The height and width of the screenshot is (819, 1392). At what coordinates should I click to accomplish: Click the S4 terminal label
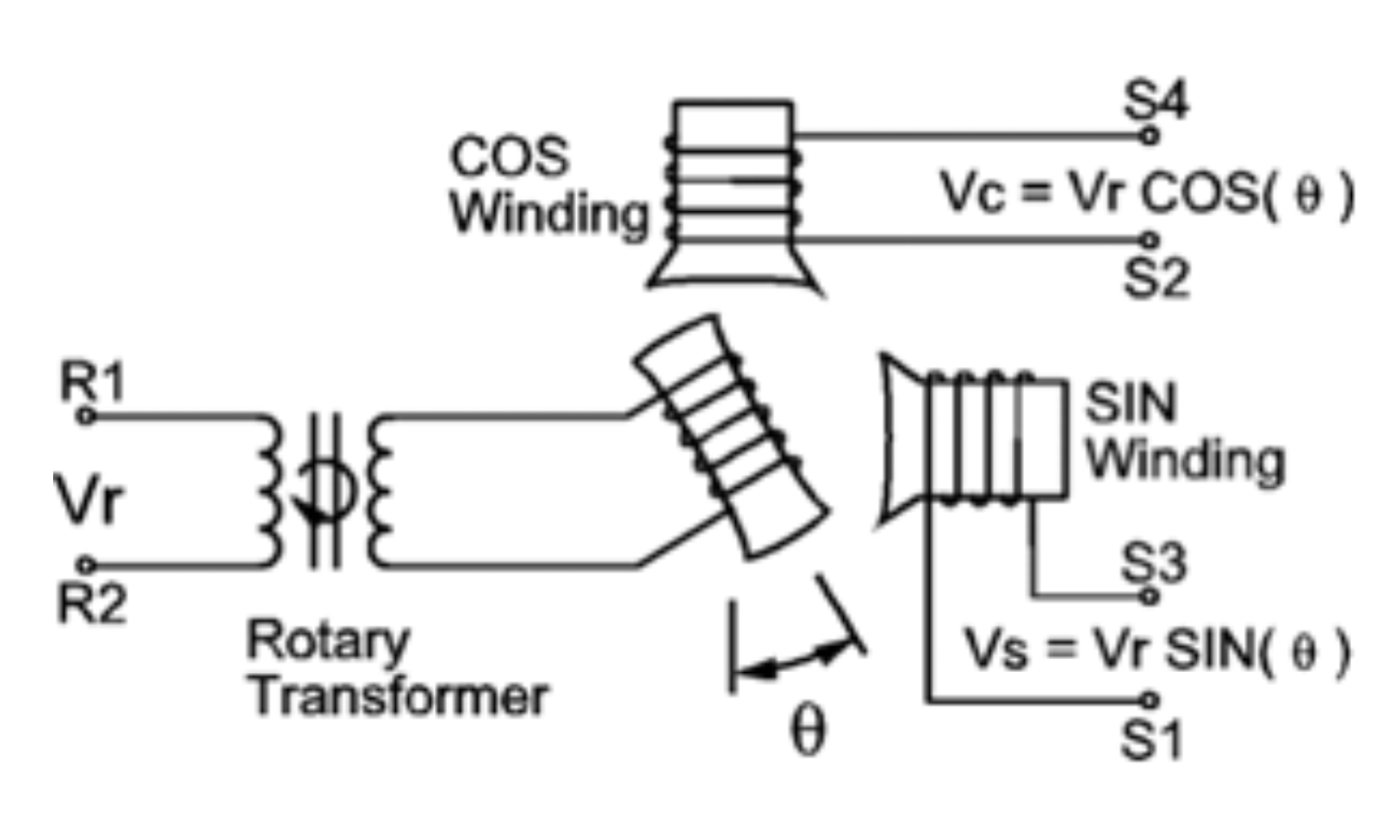pyautogui.click(x=1155, y=102)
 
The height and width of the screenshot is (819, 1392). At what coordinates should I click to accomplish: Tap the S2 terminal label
pyautogui.click(x=1155, y=278)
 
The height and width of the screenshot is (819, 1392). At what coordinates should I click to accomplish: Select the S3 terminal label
pyautogui.click(x=1154, y=563)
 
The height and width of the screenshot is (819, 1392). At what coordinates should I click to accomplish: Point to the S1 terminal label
pyautogui.click(x=1152, y=741)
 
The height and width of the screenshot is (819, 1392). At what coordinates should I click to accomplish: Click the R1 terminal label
pyautogui.click(x=92, y=382)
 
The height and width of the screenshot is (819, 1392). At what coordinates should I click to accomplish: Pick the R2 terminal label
pyautogui.click(x=91, y=603)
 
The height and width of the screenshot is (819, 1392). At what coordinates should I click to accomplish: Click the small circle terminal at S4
pyautogui.click(x=1150, y=136)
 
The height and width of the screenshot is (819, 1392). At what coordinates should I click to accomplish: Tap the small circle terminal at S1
pyautogui.click(x=1150, y=700)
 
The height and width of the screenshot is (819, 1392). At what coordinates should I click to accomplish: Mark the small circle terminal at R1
pyautogui.click(x=85, y=416)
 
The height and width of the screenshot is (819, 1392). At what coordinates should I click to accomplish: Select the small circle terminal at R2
pyautogui.click(x=85, y=565)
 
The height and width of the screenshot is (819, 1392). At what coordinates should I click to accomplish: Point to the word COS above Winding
pyautogui.click(x=510, y=157)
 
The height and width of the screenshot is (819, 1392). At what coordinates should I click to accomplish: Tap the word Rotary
pyautogui.click(x=327, y=642)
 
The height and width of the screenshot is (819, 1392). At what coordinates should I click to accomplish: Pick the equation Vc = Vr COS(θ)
pyautogui.click(x=1147, y=193)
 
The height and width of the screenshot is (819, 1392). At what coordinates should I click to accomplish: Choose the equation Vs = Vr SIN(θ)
pyautogui.click(x=1157, y=649)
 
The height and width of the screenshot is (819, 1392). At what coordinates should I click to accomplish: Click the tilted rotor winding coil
pyautogui.click(x=731, y=435)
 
